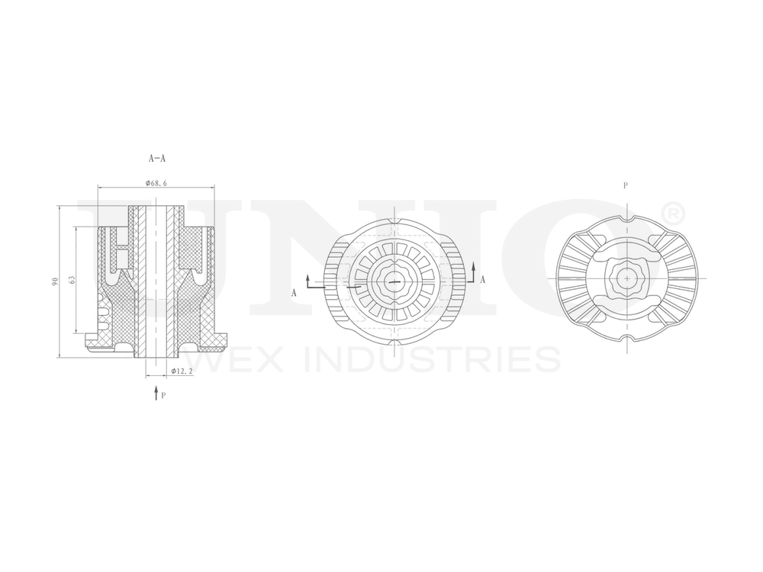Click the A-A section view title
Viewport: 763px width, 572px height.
157,159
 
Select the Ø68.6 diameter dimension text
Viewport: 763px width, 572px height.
156,183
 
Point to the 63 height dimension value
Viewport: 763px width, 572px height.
72,280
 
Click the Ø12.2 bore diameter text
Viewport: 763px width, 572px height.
180,371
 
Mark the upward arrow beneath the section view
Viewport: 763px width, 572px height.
156,393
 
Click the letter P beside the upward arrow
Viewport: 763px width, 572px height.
164,396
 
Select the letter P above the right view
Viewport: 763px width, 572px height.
626,185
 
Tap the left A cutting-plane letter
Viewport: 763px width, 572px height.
294,292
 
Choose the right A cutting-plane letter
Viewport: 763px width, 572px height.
482,280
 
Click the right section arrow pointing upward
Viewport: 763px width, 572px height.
473,268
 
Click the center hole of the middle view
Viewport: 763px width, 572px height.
394,281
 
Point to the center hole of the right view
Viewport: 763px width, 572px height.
626,279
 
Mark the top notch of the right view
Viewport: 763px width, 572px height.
626,221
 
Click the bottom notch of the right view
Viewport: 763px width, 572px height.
626,337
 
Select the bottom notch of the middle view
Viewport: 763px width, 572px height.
394,342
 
